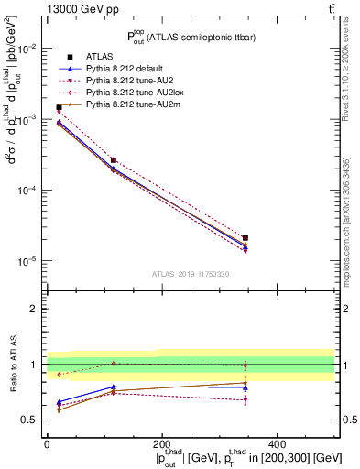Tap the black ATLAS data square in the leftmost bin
point(59,107)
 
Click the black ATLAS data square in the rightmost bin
point(245,238)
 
